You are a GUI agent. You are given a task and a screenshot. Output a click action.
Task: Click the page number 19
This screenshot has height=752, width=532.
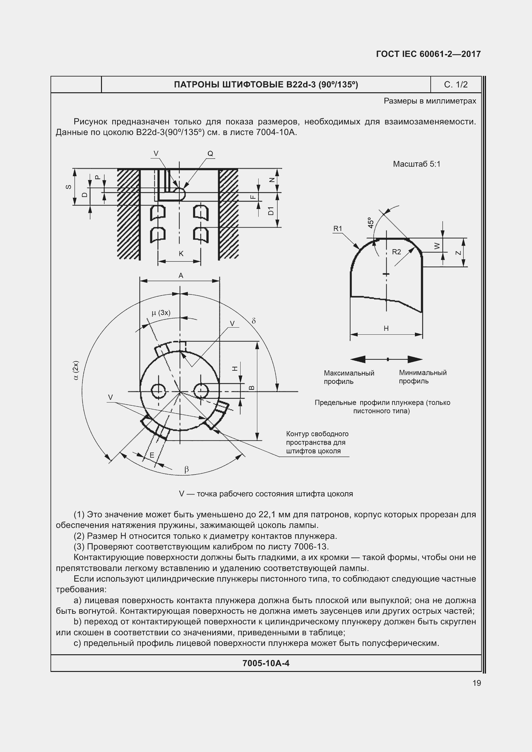(477, 683)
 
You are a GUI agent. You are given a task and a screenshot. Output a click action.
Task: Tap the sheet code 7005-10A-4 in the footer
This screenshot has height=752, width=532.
(266, 663)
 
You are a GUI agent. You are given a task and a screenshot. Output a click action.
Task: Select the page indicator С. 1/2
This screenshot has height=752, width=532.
(456, 85)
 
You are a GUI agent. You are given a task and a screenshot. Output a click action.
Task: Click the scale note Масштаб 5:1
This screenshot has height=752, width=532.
(417, 164)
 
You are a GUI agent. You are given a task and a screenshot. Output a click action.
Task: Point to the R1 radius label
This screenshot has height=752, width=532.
(337, 228)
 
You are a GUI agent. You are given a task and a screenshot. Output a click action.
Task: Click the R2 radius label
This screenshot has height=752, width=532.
(396, 251)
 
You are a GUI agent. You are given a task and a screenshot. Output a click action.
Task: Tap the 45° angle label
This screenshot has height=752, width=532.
(371, 222)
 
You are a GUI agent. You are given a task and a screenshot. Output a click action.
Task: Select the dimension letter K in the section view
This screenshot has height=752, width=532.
(181, 253)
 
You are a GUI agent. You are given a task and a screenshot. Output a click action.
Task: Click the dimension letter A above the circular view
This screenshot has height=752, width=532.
(180, 276)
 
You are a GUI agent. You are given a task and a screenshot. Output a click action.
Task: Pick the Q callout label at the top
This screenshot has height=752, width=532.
(210, 153)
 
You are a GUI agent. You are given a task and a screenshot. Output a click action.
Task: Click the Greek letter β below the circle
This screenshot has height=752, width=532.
(187, 469)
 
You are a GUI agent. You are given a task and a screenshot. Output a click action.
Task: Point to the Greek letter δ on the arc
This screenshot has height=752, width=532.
(253, 321)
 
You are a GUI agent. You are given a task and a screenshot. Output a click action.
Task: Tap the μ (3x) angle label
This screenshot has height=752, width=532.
(161, 313)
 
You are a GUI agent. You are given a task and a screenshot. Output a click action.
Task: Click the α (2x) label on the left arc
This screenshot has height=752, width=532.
(76, 370)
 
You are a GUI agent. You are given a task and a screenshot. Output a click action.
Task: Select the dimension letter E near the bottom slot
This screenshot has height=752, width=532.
(152, 455)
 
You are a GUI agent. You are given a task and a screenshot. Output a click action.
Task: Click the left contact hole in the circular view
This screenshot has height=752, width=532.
(158, 391)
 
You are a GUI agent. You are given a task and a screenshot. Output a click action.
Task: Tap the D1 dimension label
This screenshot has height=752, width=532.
(271, 211)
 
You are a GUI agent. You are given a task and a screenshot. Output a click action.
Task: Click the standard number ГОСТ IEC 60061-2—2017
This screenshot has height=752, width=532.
(428, 54)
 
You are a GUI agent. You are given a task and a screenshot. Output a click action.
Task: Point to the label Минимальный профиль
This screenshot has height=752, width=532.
(422, 377)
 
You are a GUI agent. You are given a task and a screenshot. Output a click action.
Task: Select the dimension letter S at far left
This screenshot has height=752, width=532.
(68, 187)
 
